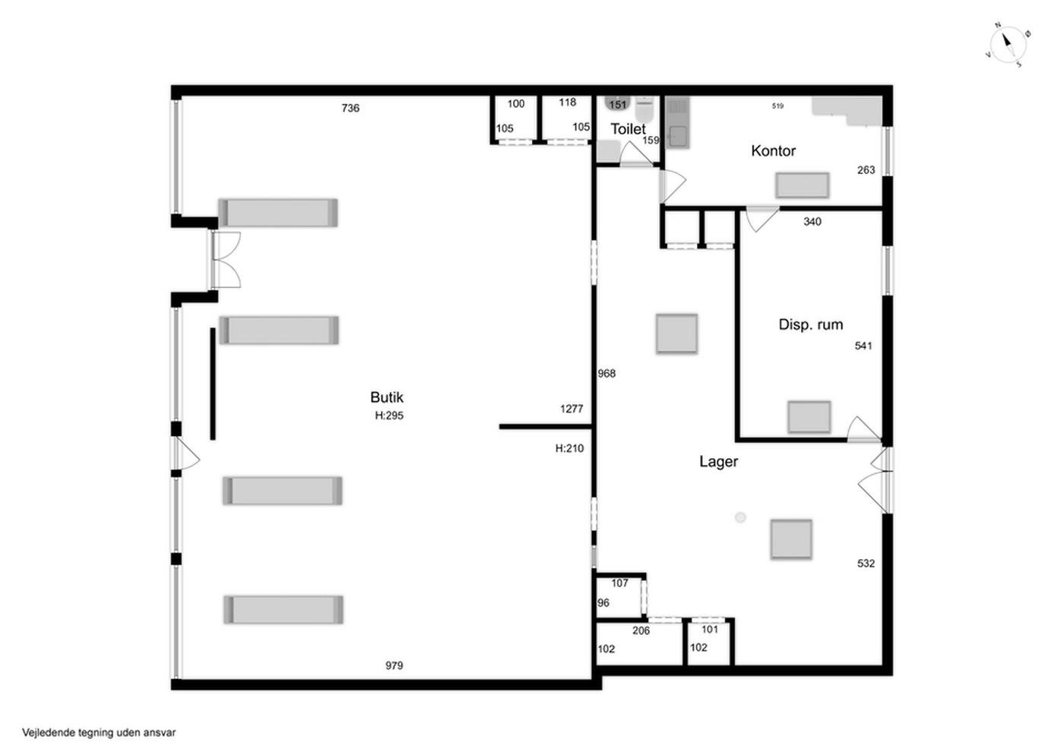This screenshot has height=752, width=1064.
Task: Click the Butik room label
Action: (387, 397)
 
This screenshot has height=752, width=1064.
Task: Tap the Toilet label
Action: (628, 128)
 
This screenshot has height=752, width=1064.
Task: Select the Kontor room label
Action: (774, 150)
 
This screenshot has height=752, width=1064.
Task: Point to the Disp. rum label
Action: (811, 324)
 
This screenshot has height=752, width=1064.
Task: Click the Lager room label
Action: (719, 462)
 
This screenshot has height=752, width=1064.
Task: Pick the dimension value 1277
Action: (572, 409)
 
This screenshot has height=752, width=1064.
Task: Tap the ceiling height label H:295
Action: (389, 415)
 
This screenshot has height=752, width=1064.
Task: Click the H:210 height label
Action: (569, 448)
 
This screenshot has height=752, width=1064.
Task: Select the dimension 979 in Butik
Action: (394, 665)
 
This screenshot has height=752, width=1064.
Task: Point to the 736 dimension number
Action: (350, 108)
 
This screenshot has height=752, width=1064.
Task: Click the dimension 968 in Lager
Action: (606, 374)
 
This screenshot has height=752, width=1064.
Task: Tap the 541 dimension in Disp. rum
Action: (863, 346)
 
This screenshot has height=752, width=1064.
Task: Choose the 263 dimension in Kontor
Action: (866, 170)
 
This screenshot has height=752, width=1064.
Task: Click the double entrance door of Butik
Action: (226, 259)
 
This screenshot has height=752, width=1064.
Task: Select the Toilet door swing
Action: (637, 153)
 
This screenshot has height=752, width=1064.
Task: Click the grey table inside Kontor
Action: (803, 185)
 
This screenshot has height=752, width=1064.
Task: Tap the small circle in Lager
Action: (740, 517)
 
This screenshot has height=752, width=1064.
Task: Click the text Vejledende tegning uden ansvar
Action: (99, 732)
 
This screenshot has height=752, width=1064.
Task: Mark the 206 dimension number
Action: (641, 631)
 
